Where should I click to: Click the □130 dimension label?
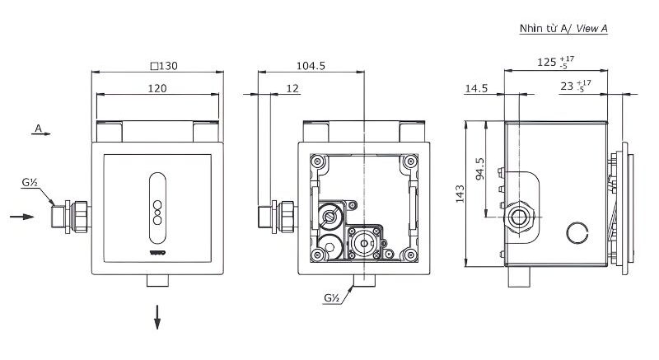click(158, 65)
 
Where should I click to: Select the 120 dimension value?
click(158, 87)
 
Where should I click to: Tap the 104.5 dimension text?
click(311, 65)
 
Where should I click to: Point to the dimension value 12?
click(292, 87)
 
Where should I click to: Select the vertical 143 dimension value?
click(460, 194)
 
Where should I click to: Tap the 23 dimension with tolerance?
click(574, 86)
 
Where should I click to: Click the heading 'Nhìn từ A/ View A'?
click(563, 29)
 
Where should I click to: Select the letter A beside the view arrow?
click(38, 128)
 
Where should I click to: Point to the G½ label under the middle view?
click(332, 297)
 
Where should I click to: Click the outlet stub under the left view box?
click(157, 281)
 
